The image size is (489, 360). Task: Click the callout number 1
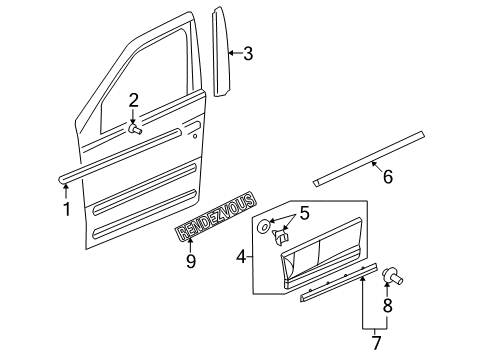tap(66, 209)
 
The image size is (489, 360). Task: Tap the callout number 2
tap(133, 101)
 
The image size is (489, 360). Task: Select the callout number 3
tap(247, 54)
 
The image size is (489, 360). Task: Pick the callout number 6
tap(387, 177)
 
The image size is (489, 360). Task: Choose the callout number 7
tap(377, 343)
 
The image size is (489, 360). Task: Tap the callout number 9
tap(190, 261)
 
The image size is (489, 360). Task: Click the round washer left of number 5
tap(263, 228)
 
